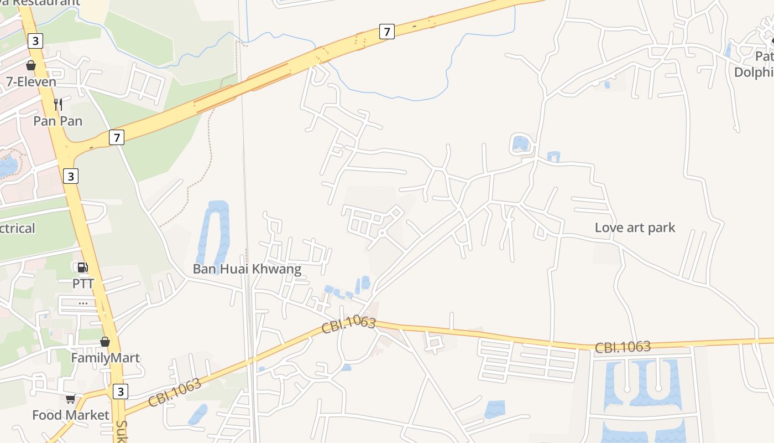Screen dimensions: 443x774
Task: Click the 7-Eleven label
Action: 31,82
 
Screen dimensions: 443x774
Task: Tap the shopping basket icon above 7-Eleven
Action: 31,65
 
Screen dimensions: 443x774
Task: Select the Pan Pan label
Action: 57,121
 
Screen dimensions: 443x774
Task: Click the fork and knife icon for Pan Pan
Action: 57,104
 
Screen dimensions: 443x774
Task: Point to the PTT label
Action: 83,284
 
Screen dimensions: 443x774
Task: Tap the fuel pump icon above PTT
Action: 82,267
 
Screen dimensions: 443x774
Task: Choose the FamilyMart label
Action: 105,358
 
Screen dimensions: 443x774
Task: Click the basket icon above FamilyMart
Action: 105,342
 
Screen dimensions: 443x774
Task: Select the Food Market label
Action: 71,415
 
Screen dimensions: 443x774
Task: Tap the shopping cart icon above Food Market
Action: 70,399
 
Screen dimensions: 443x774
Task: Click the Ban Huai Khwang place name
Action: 247,269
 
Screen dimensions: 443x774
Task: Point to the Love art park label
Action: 635,227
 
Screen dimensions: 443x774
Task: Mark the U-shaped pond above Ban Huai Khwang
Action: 214,233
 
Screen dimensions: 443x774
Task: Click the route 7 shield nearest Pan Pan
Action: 116,137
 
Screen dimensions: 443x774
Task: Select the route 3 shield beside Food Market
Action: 120,392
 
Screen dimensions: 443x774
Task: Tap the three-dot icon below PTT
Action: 83,303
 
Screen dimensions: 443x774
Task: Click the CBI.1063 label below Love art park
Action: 623,347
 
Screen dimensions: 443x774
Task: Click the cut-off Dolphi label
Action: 753,73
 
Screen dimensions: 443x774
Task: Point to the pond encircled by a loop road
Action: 520,144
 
